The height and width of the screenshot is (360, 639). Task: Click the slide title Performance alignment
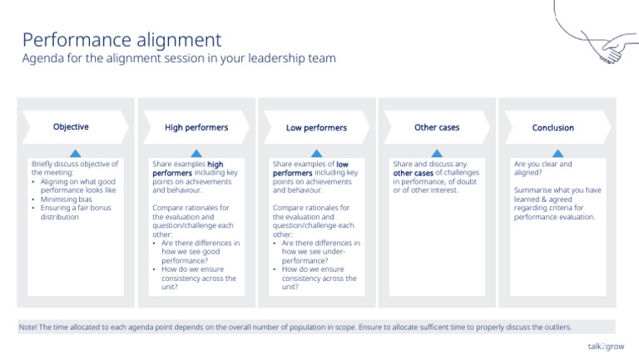[121, 39]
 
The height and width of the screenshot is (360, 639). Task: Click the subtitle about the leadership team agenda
[179, 59]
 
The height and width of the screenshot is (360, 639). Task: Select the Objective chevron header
[71, 127]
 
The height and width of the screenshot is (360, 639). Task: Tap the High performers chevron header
[196, 128]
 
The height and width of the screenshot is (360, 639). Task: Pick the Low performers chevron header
[316, 128]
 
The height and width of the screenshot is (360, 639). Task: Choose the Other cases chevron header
[437, 127]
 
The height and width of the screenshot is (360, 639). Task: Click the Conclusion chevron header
[553, 128]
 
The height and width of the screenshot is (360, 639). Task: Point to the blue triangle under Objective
[75, 153]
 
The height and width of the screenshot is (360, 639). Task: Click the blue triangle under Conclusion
[557, 153]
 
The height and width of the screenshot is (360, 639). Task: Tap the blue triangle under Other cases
[437, 153]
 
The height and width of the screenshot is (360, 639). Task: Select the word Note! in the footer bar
[28, 327]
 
